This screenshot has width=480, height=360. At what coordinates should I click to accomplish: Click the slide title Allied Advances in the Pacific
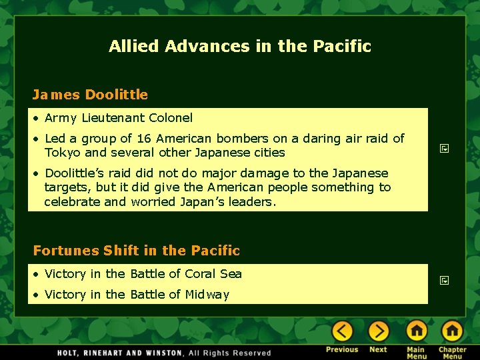(x=240, y=46)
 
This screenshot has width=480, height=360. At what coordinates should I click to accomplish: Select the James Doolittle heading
(x=91, y=95)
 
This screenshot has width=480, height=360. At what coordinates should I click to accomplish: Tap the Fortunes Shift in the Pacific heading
(x=137, y=251)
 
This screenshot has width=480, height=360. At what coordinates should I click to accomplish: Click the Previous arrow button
(x=342, y=331)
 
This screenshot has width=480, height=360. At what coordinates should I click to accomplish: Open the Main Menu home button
(x=417, y=331)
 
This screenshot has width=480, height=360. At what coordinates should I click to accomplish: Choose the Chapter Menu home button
(x=452, y=331)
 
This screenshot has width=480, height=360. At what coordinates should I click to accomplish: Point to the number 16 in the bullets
(x=144, y=139)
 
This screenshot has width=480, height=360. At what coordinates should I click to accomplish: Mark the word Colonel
(x=170, y=118)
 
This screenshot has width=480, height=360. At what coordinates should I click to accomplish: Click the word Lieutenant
(x=112, y=118)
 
